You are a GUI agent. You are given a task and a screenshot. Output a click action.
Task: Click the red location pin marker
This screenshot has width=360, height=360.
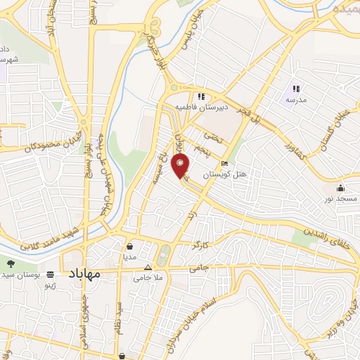pos(181,167)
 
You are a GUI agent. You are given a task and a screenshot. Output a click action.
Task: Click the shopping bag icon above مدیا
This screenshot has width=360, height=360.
pos(130,247)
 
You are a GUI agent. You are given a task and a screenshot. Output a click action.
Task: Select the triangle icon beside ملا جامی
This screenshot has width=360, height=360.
pos(148,268)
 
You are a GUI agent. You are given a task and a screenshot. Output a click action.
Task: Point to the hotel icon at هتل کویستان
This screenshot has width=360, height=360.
pos(224,164)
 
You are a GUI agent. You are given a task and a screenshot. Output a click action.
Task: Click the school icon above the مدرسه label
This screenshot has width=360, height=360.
pos(296,89)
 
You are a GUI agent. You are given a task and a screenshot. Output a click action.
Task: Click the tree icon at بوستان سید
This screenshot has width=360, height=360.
pos(11,263)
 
